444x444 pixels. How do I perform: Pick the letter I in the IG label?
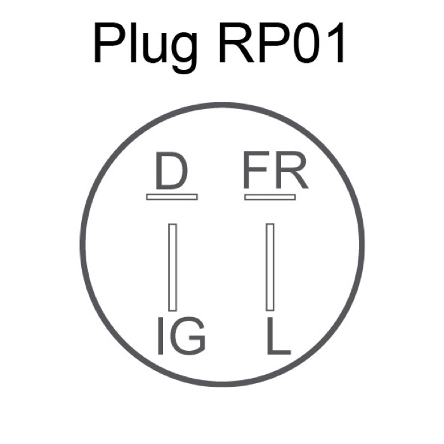(x=161, y=337)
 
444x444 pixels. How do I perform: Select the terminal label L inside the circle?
(x=277, y=337)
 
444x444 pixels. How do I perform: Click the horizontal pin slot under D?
(x=172, y=197)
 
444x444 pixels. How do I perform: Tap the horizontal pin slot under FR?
(x=270, y=197)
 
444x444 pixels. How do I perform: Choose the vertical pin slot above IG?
(x=173, y=266)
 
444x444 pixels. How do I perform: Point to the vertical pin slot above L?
(x=270, y=266)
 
